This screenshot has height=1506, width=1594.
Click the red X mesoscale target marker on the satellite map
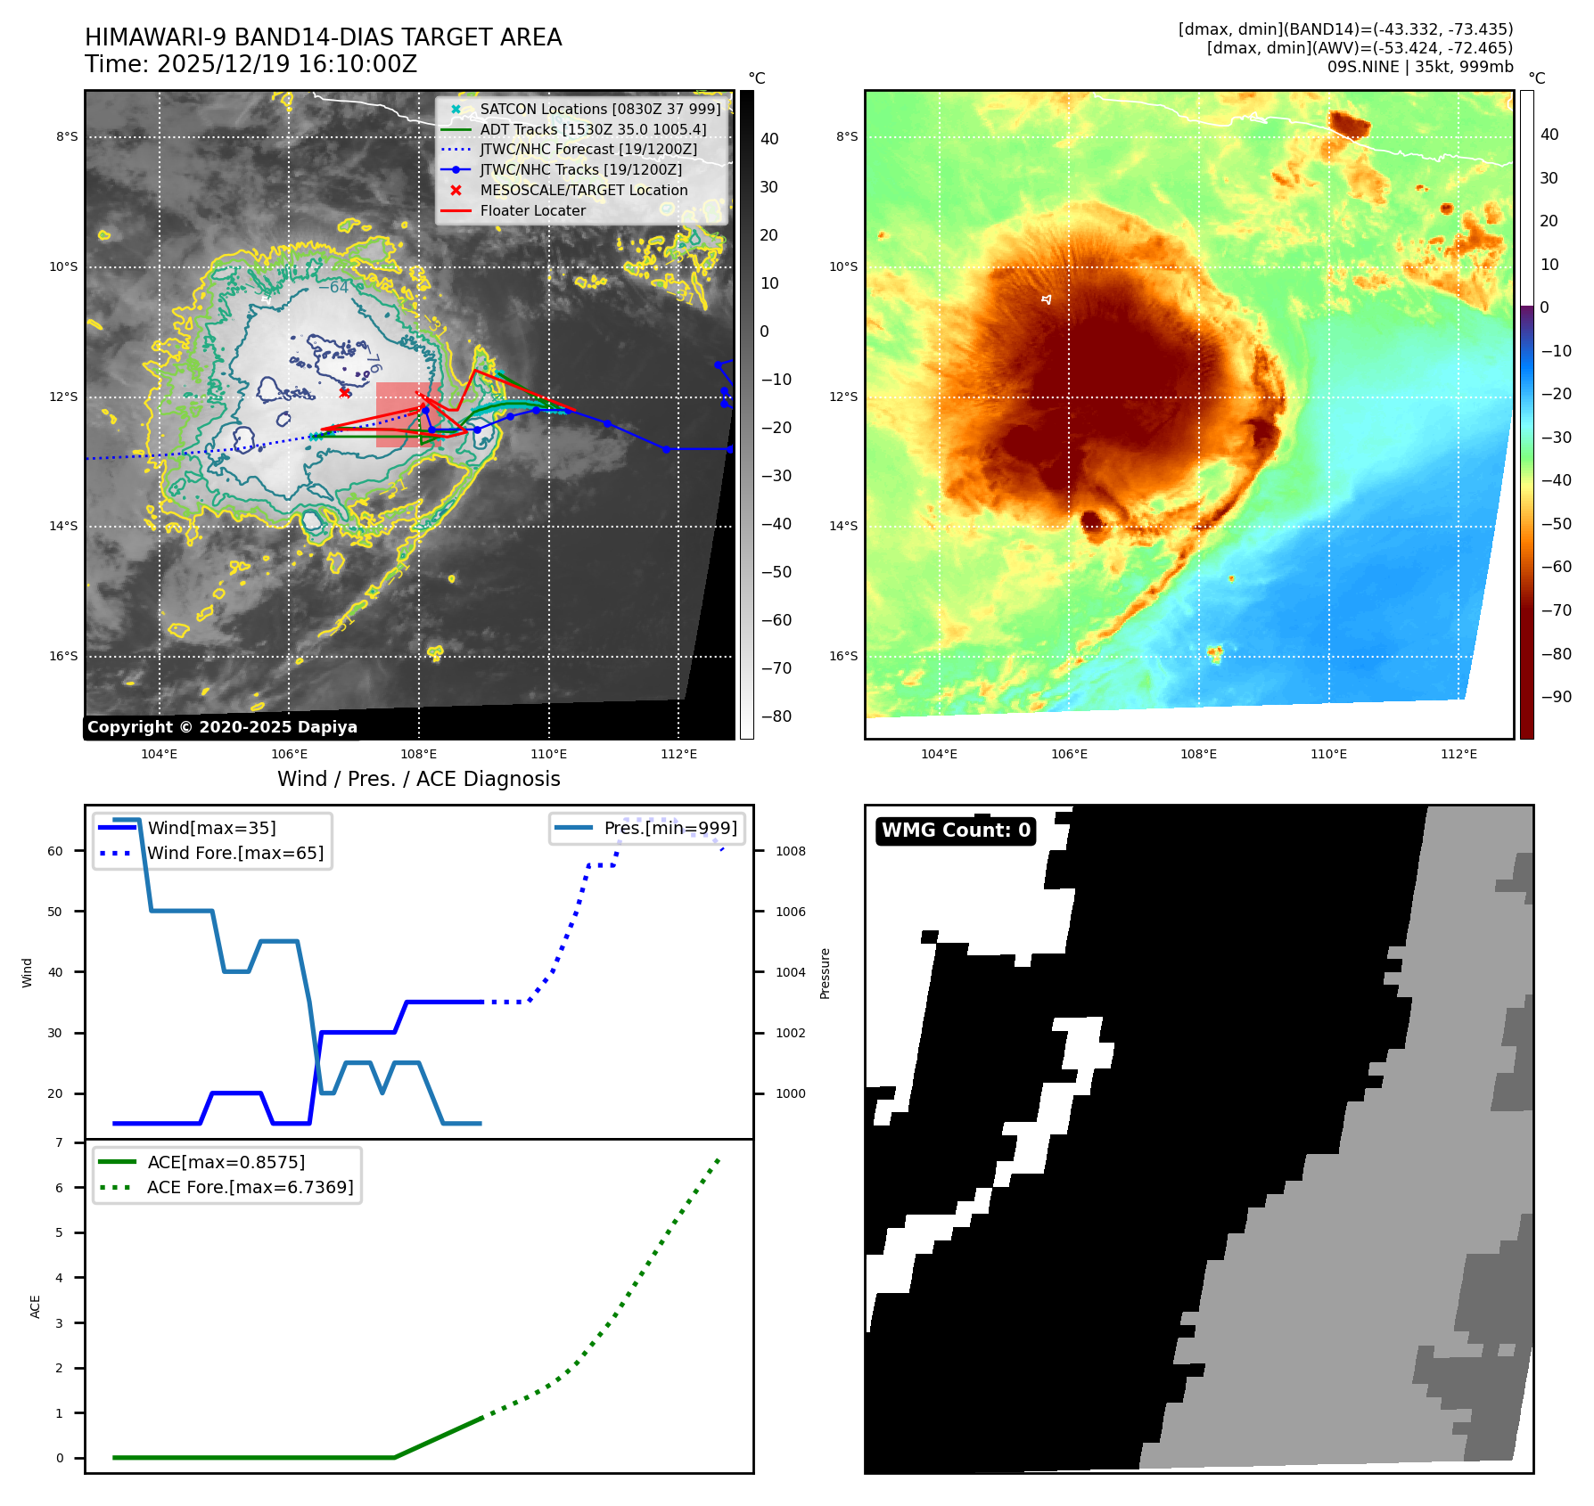[345, 392]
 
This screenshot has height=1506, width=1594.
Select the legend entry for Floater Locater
[532, 211]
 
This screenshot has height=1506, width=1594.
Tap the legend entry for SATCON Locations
[599, 110]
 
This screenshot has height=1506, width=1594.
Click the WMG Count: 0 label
[956, 831]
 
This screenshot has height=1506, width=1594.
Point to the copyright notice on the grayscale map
[222, 727]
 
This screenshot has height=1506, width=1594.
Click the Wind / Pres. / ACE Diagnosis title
[418, 779]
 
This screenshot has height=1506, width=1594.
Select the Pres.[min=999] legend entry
[670, 828]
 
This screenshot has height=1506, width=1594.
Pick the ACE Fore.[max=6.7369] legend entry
[250, 1187]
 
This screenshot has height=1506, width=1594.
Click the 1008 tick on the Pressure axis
[790, 851]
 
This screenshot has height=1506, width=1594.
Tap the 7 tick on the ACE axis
[60, 1142]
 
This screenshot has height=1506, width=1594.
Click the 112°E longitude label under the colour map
[1458, 754]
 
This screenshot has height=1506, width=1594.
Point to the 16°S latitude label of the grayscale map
[63, 657]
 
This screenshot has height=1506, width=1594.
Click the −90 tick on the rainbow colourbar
[1557, 697]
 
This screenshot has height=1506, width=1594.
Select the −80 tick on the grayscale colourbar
[776, 716]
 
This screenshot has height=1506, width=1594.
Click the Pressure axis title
[825, 973]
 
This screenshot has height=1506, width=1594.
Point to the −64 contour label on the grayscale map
[333, 288]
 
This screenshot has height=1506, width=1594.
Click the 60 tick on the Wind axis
[55, 851]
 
